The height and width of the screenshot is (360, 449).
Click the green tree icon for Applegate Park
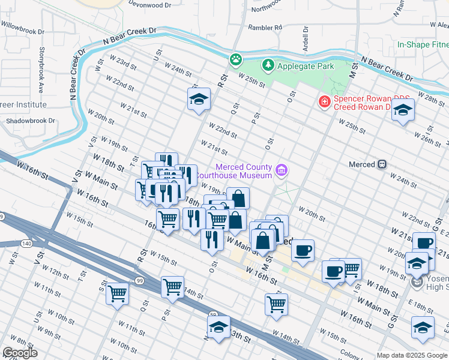point(267,65)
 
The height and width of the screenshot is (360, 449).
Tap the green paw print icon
point(236,59)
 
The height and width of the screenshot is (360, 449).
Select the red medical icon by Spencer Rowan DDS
point(325,102)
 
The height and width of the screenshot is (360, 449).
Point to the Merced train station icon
point(381,164)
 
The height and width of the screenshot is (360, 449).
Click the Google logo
point(20,353)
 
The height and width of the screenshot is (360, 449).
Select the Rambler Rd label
point(265,28)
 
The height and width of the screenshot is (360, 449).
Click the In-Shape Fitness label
point(423,45)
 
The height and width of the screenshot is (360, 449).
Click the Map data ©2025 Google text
point(411,355)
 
